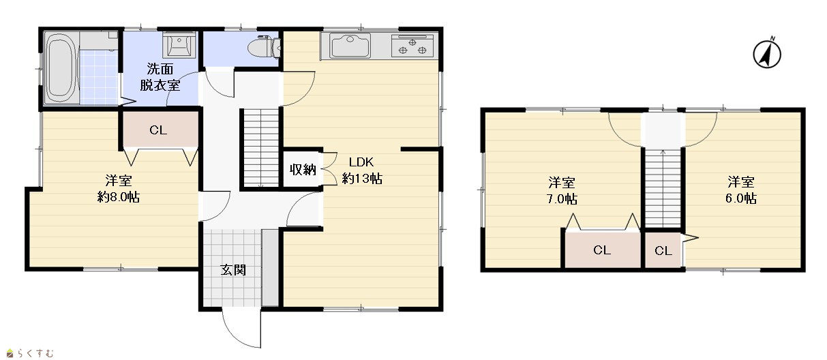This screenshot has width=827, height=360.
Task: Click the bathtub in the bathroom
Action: click(x=61, y=68)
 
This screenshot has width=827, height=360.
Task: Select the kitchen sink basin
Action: click(x=350, y=46)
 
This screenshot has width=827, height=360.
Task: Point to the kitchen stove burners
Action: click(x=412, y=46)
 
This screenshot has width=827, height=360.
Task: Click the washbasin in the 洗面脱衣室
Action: click(x=179, y=45)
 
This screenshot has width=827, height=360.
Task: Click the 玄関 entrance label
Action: click(x=233, y=270)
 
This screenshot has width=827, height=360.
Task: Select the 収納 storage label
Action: click(x=303, y=170)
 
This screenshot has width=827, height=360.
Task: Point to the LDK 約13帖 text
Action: click(x=362, y=170)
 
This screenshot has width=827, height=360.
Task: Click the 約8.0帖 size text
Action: click(x=119, y=197)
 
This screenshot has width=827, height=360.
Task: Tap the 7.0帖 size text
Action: click(x=562, y=199)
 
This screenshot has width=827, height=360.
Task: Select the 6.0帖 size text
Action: click(x=741, y=198)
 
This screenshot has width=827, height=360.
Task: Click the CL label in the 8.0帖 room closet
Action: click(x=158, y=130)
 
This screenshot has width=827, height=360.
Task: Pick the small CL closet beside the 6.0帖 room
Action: click(x=663, y=250)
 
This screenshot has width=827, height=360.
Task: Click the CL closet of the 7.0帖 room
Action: click(x=603, y=250)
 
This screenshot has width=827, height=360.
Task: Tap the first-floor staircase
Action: click(x=261, y=148)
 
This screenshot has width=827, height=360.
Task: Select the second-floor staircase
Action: click(x=663, y=187)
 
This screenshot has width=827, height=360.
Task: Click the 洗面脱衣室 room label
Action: click(x=160, y=77)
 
